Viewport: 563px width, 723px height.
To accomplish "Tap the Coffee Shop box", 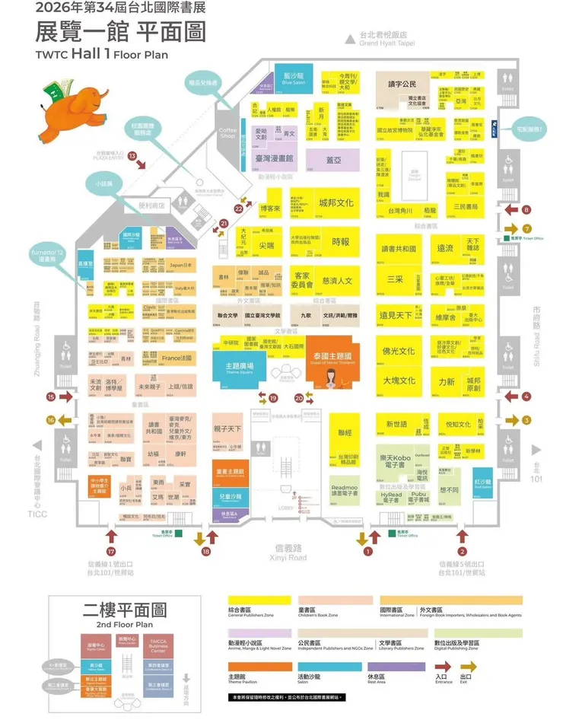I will tap(227, 132).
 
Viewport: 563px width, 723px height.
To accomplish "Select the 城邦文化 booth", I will tap(336, 203).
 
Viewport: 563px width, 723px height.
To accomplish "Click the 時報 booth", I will tap(340, 241).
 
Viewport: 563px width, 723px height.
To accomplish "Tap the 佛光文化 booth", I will tap(399, 352).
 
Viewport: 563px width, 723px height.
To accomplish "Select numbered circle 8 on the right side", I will tap(526, 209).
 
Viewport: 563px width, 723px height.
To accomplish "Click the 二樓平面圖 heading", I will tap(123, 610).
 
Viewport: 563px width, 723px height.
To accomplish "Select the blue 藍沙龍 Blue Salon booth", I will tap(293, 80).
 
